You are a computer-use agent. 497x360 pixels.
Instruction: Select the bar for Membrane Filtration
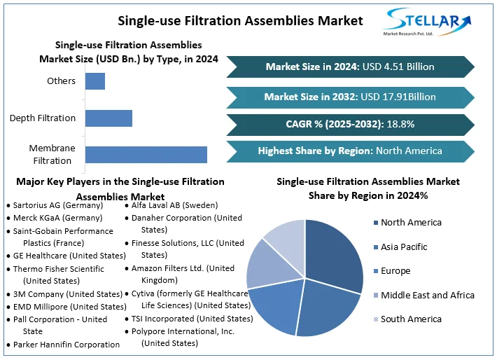click(x=146, y=154)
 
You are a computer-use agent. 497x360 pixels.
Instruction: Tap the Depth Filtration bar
click(x=108, y=118)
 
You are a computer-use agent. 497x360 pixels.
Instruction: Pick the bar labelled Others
click(x=95, y=81)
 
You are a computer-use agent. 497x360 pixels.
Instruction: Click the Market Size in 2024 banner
click(x=350, y=67)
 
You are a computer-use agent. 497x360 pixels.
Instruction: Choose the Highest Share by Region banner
click(x=350, y=151)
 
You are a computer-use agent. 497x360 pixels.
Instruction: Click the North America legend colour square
click(x=374, y=223)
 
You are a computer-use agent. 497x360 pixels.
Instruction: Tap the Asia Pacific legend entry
click(x=404, y=247)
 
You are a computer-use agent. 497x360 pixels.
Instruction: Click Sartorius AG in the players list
click(x=58, y=205)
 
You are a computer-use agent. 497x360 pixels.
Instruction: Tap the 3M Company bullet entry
click(x=67, y=294)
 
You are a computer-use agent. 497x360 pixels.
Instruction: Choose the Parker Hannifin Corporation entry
click(x=66, y=344)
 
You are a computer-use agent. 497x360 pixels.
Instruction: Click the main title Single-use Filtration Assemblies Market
click(x=240, y=20)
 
